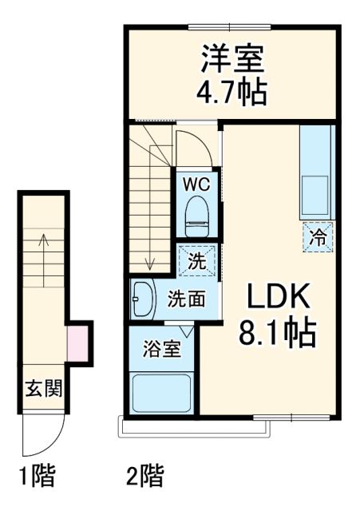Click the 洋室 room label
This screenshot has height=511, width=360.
232,58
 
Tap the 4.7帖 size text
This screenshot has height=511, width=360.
232,90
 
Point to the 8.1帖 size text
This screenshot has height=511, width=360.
277,330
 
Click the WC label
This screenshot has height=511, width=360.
196,184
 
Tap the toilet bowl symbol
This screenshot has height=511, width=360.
196,215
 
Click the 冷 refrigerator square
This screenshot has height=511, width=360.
318,236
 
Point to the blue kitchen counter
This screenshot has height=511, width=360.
317,172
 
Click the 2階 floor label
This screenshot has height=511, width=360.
144,477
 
